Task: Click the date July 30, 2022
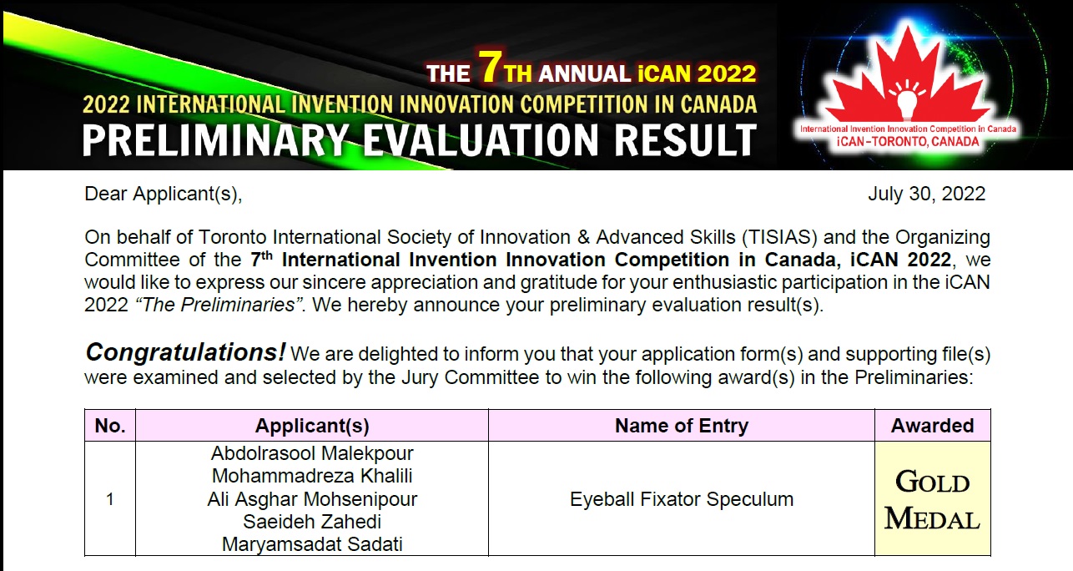(926, 195)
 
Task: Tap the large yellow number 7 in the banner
(491, 67)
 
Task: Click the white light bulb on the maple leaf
(906, 103)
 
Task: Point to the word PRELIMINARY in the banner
(215, 140)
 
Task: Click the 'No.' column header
(110, 426)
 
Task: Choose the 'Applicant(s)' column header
(312, 427)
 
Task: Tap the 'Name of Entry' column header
(682, 426)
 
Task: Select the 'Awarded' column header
(932, 426)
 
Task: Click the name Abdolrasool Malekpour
(312, 453)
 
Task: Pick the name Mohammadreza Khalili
(312, 476)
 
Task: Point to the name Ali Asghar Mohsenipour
(312, 499)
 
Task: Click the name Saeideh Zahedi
(312, 522)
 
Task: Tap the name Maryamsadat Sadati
(312, 544)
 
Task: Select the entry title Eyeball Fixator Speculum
(682, 499)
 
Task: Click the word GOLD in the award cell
(933, 482)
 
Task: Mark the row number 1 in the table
(110, 499)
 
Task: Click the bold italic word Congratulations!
(185, 353)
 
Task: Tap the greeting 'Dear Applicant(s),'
(164, 195)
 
